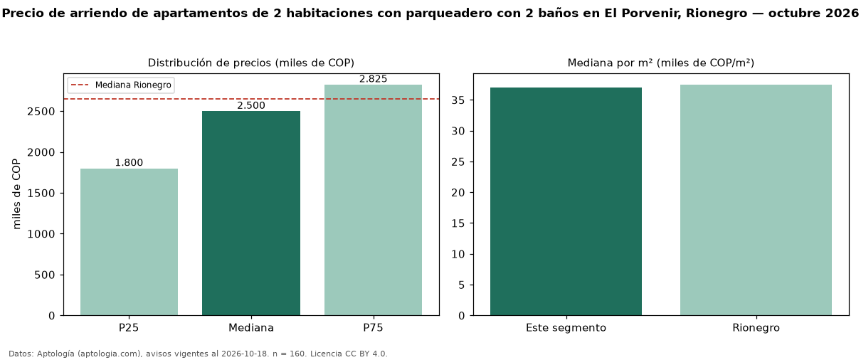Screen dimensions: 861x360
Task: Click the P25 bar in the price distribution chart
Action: [129, 242]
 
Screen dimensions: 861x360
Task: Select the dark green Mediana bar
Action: [251, 213]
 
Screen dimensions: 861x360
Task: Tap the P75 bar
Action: [373, 200]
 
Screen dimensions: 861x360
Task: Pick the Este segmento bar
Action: [566, 202]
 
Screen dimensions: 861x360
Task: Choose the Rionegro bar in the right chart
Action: [756, 200]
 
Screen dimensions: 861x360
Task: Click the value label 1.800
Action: [129, 162]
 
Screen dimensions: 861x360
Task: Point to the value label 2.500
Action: [251, 105]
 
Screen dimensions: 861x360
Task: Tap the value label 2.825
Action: [373, 79]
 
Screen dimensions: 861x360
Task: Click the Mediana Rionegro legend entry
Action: [121, 85]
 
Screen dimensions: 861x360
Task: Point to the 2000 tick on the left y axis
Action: [41, 152]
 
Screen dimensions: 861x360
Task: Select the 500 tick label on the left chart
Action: [45, 275]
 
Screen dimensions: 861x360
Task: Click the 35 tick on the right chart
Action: [458, 100]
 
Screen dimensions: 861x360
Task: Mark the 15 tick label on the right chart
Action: [458, 223]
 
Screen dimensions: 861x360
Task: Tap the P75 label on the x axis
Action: [373, 328]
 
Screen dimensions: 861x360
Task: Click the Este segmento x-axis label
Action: [566, 328]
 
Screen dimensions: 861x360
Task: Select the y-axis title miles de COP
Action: [16, 194]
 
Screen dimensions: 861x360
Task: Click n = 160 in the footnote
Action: [290, 354]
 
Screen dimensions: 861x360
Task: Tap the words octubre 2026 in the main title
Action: [813, 13]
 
